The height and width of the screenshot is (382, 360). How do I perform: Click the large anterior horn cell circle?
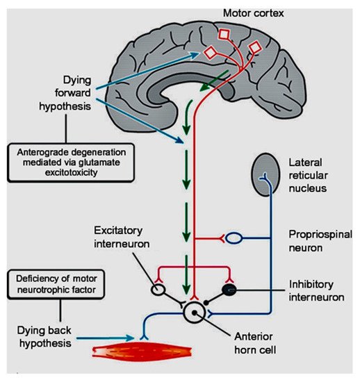(x=196, y=312)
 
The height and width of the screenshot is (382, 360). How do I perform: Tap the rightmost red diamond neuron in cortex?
(x=255, y=47)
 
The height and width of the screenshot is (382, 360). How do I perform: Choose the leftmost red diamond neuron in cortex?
(x=208, y=52)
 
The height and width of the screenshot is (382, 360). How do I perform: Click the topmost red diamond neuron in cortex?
(x=227, y=35)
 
